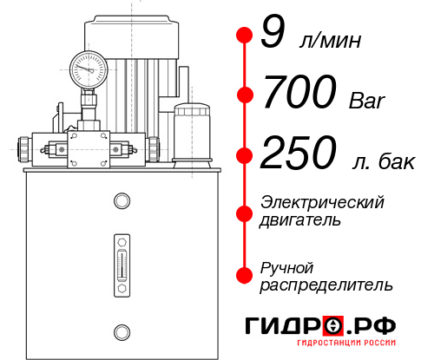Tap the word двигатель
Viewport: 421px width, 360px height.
[x=300, y=220]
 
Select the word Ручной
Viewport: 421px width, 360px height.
[x=287, y=267]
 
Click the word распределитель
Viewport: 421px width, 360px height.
[x=326, y=285]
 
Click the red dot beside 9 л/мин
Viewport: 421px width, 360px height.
[x=244, y=36]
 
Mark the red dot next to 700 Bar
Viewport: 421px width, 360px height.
[x=244, y=95]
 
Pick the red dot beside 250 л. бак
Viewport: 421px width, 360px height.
[x=244, y=155]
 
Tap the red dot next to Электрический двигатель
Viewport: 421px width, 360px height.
[x=244, y=212]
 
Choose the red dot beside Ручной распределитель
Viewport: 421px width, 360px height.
[x=244, y=274]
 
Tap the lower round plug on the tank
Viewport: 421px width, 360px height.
[x=121, y=330]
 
